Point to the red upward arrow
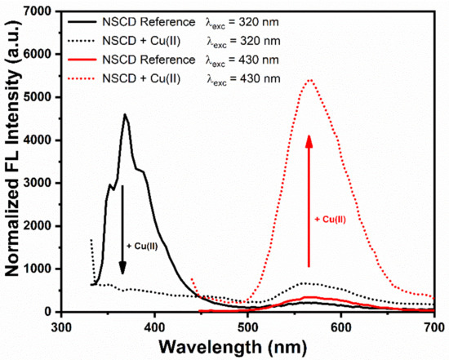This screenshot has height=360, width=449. tap(309, 200)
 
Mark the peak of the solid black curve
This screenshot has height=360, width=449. tap(125, 114)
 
